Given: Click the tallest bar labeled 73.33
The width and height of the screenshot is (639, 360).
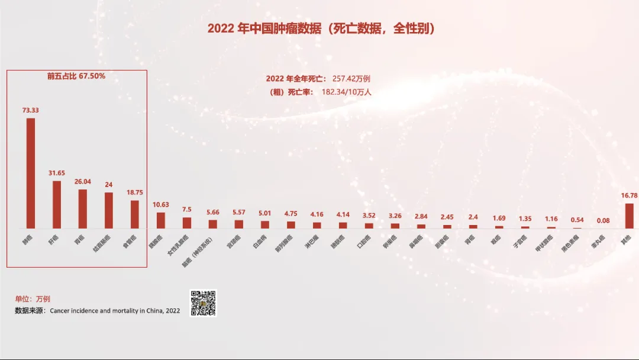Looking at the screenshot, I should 31,173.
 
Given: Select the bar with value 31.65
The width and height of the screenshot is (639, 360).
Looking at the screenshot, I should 57,204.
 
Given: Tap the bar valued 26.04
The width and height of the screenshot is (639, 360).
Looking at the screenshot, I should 83,208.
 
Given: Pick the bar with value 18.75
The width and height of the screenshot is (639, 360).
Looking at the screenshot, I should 135,214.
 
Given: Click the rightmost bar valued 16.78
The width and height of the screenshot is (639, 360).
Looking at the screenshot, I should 629,216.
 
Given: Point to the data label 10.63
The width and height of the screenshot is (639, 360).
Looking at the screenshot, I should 160,205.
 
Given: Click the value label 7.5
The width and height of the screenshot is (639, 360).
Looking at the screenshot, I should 187,210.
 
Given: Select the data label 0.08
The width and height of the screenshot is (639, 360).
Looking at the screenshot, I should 603,221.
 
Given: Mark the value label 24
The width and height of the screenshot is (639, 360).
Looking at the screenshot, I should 109,184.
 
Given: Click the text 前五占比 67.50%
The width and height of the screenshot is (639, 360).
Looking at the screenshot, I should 76,76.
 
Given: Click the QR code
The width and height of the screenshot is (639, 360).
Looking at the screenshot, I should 203,303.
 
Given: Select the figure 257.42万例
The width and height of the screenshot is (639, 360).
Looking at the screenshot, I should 351,79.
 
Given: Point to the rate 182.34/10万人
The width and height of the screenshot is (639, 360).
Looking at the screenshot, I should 346,92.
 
